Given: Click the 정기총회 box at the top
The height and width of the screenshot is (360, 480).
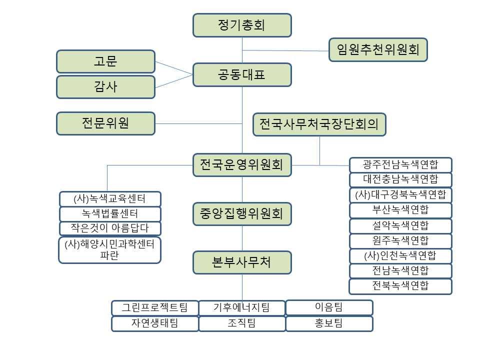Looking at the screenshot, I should pyautogui.click(x=242, y=25).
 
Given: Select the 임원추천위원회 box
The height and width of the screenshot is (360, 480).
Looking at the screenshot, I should pyautogui.click(x=378, y=49).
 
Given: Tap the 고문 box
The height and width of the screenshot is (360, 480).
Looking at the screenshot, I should pyautogui.click(x=105, y=61).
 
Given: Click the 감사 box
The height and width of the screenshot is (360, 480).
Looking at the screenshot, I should pyautogui.click(x=105, y=86).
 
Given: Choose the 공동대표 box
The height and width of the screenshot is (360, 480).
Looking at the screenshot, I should pyautogui.click(x=242, y=75).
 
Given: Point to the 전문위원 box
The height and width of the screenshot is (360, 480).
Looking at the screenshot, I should pyautogui.click(x=105, y=123).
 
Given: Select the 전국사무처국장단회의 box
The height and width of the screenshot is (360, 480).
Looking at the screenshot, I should pyautogui.click(x=319, y=123).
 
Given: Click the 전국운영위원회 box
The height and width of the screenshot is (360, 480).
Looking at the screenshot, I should pyautogui.click(x=242, y=165).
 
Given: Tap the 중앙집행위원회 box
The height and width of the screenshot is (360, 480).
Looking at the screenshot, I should pyautogui.click(x=242, y=214).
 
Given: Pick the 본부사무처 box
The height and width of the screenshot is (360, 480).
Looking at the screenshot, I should pyautogui.click(x=242, y=262).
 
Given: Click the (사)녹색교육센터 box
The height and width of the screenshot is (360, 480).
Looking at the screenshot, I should pyautogui.click(x=110, y=199).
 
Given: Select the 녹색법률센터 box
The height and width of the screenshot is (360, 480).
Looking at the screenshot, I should pyautogui.click(x=110, y=214).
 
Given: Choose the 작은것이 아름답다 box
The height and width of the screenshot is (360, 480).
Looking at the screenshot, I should pyautogui.click(x=110, y=228).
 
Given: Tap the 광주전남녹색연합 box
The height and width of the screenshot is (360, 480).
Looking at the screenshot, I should pyautogui.click(x=400, y=165).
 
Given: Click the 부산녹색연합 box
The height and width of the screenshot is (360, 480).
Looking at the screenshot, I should pyautogui.click(x=400, y=210).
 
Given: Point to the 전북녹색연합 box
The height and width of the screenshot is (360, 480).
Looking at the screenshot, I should pyautogui.click(x=400, y=286).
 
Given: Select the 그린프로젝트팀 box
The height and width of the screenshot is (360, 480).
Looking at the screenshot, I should pyautogui.click(x=155, y=307).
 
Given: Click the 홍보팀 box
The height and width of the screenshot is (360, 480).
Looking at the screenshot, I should pyautogui.click(x=329, y=323).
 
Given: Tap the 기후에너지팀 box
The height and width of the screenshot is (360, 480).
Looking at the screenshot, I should pyautogui.click(x=242, y=307).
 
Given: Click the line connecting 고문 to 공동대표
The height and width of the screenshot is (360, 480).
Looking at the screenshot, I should pyautogui.click(x=174, y=68).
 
